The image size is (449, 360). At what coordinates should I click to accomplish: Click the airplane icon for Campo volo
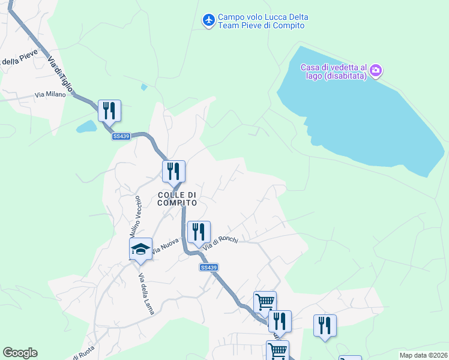click(x=209, y=21)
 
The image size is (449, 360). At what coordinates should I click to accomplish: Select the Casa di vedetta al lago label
click(x=333, y=72)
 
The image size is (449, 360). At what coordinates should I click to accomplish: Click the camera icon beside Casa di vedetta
click(x=376, y=71)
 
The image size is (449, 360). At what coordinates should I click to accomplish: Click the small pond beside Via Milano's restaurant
click(x=86, y=127)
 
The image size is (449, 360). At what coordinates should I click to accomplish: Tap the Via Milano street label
click(x=49, y=94)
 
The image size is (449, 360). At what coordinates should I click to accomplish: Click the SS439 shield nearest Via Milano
click(x=121, y=137)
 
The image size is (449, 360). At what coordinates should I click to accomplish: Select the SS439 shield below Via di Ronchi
click(x=208, y=268)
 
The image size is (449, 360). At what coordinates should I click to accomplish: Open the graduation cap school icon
click(x=140, y=248)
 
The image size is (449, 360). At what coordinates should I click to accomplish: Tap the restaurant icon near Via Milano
click(x=109, y=111)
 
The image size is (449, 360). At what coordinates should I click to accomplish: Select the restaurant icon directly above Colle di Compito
click(x=173, y=171)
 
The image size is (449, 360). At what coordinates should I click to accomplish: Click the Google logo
click(x=20, y=353)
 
